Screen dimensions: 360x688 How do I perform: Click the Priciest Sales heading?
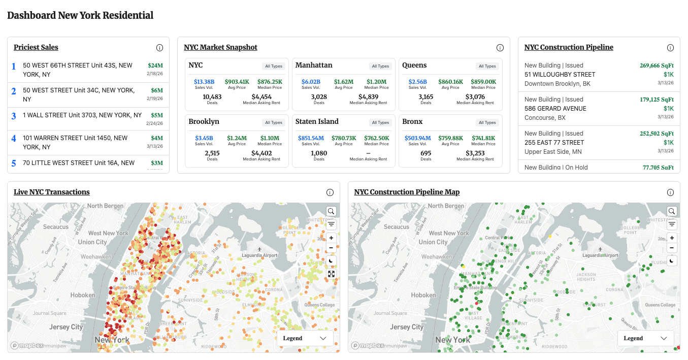pos(36,47)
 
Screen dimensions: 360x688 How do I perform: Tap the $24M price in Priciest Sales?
pos(155,66)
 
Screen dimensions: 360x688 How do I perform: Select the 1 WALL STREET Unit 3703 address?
pos(82,115)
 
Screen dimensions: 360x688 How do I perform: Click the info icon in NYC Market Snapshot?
pos(500,48)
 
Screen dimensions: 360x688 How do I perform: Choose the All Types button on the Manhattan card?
pos(380,66)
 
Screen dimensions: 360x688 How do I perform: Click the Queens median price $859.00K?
pos(483,81)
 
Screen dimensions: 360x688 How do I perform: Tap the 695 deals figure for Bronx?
pos(425,153)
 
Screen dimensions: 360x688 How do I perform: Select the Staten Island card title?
pos(317,121)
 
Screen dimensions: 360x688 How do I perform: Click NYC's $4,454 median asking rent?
pos(261,96)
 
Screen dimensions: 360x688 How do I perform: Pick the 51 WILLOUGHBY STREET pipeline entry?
pos(560,74)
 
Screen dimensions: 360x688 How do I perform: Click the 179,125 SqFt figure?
pos(657,99)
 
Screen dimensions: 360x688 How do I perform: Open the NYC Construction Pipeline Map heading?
pos(407,192)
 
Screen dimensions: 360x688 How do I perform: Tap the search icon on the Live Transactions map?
pos(331,211)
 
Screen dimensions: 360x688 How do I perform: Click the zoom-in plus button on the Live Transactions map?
pos(331,238)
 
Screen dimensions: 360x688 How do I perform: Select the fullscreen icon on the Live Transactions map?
pos(331,274)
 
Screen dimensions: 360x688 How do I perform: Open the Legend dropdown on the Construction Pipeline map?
pos(645,338)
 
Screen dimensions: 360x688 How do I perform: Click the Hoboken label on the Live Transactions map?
pos(83,295)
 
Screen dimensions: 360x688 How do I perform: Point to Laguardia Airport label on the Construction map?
pos(601,255)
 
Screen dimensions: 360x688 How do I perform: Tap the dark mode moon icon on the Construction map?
pos(672,260)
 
